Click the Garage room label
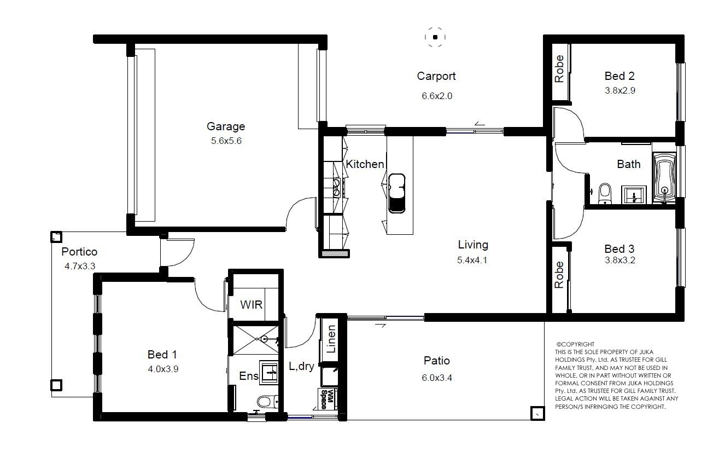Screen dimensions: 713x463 click(x=226, y=126)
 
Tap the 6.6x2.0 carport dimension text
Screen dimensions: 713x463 click(x=437, y=96)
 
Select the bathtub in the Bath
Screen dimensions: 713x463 click(x=664, y=177)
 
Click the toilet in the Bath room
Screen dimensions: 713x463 click(x=604, y=194)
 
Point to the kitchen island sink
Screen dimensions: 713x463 click(x=396, y=193)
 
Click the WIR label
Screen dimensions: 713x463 click(x=251, y=305)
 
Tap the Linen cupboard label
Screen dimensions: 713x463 click(x=331, y=339)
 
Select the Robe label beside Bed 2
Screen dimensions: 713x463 click(x=559, y=69)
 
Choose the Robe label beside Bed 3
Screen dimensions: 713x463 click(x=559, y=275)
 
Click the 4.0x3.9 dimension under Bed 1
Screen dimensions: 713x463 click(x=163, y=369)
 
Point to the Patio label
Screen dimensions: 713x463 click(x=436, y=361)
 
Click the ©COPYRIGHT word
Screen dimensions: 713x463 click(x=575, y=344)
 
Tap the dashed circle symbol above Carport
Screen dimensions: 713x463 click(x=435, y=37)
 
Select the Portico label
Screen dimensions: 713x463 click(x=79, y=252)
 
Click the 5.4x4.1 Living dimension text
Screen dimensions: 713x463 click(x=472, y=260)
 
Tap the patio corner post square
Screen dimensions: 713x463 click(x=537, y=414)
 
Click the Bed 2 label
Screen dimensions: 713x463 click(x=620, y=76)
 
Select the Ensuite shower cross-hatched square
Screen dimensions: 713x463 click(x=256, y=340)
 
